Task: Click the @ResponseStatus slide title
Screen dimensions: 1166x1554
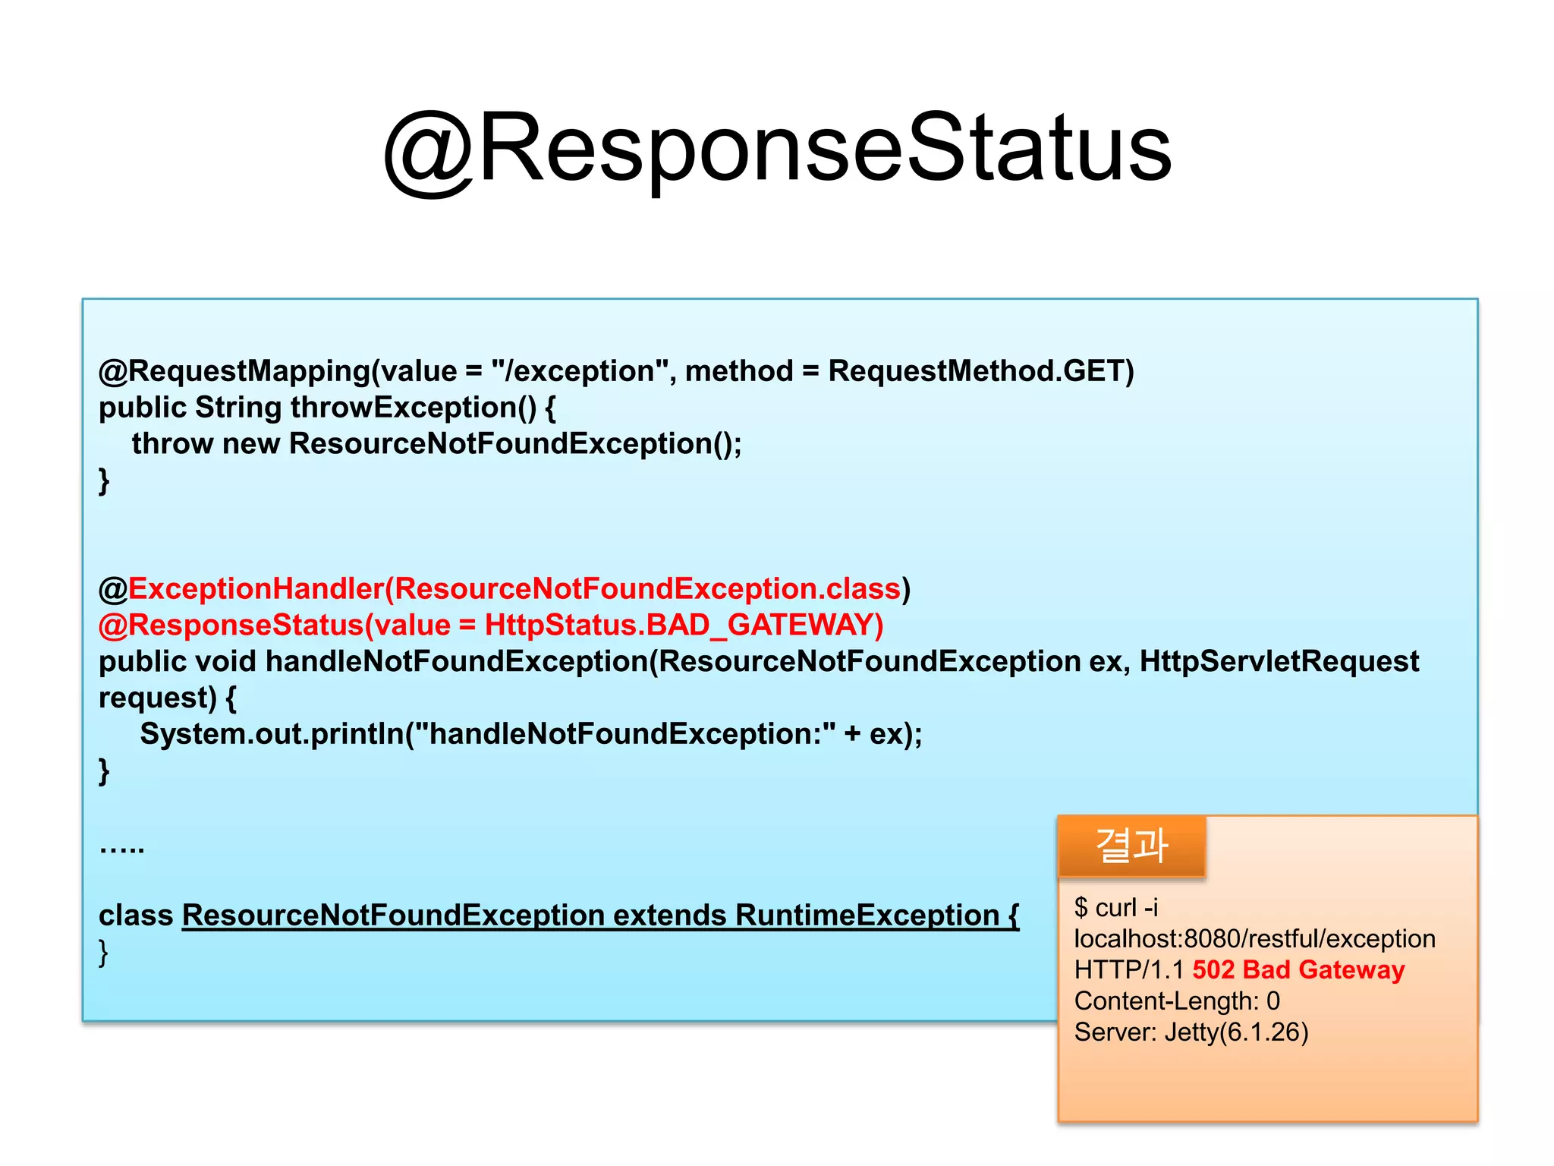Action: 777,149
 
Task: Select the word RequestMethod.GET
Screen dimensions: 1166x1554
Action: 980,371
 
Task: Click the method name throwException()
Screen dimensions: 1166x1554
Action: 414,408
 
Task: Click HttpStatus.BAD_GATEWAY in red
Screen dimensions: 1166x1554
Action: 683,626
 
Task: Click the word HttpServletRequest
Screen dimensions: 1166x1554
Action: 1279,661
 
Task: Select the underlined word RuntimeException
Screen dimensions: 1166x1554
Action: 867,915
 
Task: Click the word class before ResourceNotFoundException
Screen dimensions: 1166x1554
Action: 136,915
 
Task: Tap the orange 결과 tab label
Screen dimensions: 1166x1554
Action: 1131,846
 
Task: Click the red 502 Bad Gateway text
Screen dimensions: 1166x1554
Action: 1298,970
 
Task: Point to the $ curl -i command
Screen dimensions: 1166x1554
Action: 1116,908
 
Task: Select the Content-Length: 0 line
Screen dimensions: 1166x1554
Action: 1177,1001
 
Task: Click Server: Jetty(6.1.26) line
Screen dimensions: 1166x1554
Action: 1191,1032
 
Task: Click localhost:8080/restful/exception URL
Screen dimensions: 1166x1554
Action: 1254,939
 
